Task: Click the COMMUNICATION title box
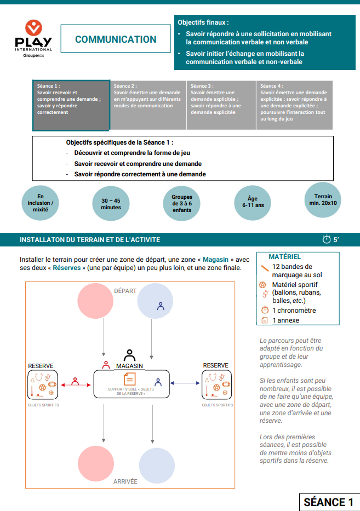[x=116, y=39]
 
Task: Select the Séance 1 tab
[x=72, y=105]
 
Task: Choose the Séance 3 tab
[x=221, y=105]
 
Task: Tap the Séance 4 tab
[x=294, y=105]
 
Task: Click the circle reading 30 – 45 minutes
[x=111, y=204]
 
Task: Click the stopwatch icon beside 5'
[x=327, y=239]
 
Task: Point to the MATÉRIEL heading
[x=284, y=256]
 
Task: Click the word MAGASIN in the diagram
[x=130, y=365]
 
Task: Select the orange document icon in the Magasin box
[x=130, y=379]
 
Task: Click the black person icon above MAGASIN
[x=129, y=354]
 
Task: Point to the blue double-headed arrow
[x=183, y=383]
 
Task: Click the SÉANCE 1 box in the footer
[x=328, y=502]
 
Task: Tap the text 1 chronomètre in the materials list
[x=294, y=311]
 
